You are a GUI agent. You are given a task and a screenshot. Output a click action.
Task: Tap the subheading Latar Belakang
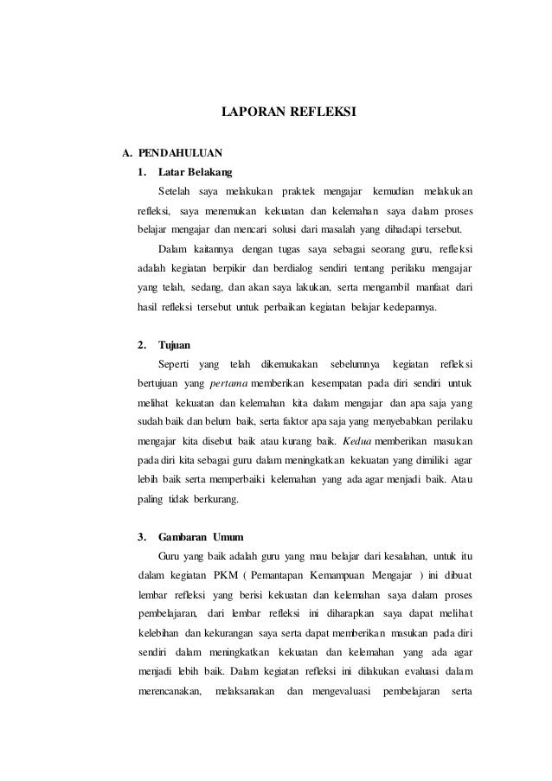point(190,172)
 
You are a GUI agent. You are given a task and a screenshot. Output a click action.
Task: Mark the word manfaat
point(428,287)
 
